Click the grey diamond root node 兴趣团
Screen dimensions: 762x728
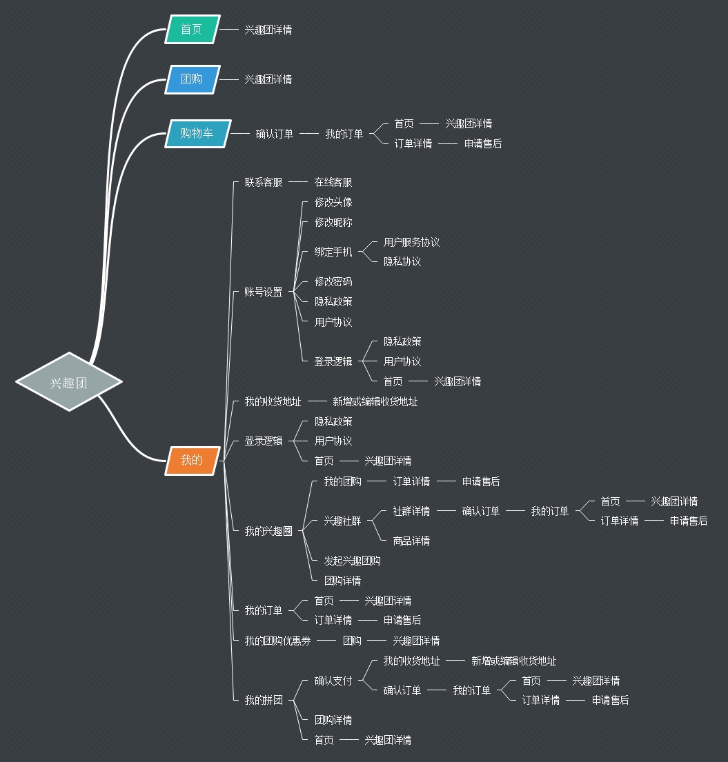pos(69,382)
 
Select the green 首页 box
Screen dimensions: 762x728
pos(192,29)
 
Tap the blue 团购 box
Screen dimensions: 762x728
pos(192,79)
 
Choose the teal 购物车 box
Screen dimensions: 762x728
pos(197,133)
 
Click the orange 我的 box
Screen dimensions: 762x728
pos(192,460)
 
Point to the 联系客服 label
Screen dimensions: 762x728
pos(264,182)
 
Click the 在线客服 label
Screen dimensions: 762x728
pos(333,182)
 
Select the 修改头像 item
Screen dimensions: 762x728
pos(333,202)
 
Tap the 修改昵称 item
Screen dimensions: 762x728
pos(333,222)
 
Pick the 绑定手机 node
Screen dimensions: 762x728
pos(333,252)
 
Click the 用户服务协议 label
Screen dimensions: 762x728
pos(411,242)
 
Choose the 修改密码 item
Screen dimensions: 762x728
pos(333,281)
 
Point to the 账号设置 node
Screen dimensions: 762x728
pos(264,292)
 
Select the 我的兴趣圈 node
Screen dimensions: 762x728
pos(268,531)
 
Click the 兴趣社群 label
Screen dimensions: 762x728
pos(342,521)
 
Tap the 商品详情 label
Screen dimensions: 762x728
pos(411,541)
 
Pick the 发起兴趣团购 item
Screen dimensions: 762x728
pos(352,561)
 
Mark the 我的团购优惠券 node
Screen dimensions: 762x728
pos(277,641)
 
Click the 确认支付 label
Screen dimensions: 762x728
pos(333,681)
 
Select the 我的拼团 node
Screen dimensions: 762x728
pos(264,700)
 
